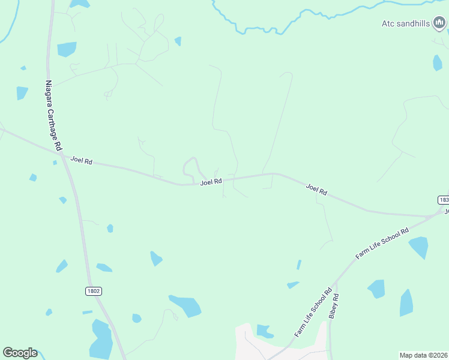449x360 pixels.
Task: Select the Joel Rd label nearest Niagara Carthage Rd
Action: click(81, 160)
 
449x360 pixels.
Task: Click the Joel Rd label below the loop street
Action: click(211, 181)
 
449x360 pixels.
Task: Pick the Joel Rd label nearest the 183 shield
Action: click(316, 190)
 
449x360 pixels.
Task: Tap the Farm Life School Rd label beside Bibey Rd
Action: click(313, 313)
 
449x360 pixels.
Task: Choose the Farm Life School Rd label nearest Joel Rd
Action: click(382, 242)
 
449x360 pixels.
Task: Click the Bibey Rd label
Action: click(335, 306)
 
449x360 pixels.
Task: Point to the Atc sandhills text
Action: click(406, 24)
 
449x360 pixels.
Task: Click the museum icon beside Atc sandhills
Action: click(440, 23)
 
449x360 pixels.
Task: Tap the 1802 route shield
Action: click(93, 291)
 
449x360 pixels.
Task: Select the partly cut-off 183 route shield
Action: click(443, 199)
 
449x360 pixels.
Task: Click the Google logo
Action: click(20, 353)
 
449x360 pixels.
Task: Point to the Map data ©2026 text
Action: click(423, 355)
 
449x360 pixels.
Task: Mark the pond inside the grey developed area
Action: click(264, 331)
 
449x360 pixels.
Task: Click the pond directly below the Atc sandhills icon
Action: click(438, 62)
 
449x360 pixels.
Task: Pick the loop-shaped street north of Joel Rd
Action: click(191, 166)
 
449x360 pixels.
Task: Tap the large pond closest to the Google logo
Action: click(101, 339)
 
